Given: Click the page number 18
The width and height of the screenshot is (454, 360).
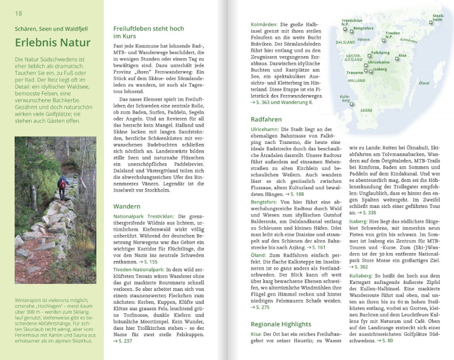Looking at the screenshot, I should (18, 13).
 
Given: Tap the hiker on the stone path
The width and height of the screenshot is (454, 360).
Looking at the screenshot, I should (62, 187).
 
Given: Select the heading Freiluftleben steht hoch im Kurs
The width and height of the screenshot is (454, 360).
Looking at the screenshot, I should (148, 32).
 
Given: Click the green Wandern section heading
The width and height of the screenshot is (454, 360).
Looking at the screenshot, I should (127, 206).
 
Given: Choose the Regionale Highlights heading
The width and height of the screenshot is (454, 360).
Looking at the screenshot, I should (281, 324).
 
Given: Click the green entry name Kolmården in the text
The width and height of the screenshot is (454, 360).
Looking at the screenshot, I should (264, 24).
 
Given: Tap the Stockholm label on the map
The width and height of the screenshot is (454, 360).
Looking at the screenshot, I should (437, 18).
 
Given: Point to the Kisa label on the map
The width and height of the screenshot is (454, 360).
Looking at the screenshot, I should (402, 56).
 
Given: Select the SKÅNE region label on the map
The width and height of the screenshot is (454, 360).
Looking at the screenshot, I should (366, 111).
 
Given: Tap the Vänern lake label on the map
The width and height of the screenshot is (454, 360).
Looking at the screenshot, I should (363, 40).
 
